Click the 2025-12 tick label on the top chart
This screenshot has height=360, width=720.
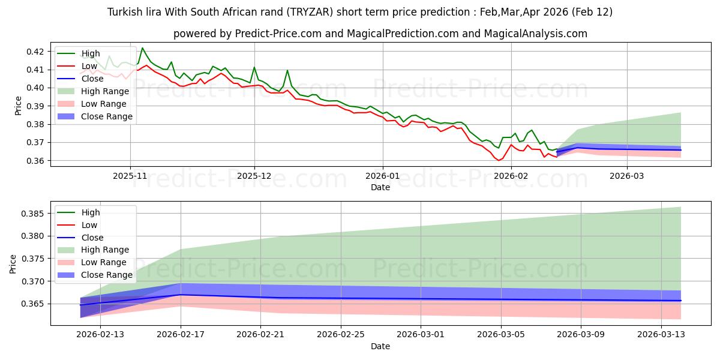(254, 176)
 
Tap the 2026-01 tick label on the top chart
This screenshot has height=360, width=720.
(383, 176)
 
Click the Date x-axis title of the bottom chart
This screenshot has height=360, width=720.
(380, 346)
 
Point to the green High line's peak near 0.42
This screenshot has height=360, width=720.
(142, 47)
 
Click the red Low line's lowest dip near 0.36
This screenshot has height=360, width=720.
(498, 160)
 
